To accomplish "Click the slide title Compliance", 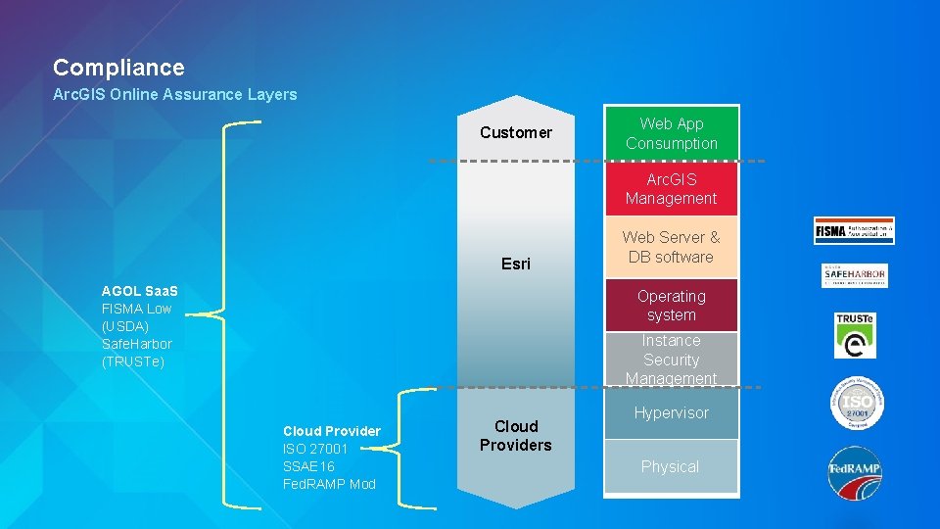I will tap(118, 68).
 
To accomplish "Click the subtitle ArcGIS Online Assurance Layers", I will tap(174, 95).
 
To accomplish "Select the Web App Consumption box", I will tap(671, 133).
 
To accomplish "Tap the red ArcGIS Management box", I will tap(671, 189).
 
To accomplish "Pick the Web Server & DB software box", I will tap(671, 247).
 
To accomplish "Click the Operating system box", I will tap(671, 306).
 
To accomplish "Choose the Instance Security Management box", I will tap(671, 360).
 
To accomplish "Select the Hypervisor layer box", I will tap(671, 413).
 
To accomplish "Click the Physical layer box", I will tap(671, 466).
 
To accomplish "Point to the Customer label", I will tap(516, 132).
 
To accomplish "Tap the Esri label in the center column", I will tap(516, 264).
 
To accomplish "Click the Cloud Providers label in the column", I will tap(516, 436).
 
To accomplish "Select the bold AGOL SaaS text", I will tap(140, 291).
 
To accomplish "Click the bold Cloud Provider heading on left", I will tap(331, 431).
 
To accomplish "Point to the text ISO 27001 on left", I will tap(315, 449).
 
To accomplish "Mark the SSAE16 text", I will tap(308, 466).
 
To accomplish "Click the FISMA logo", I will tap(854, 230).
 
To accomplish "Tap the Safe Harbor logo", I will tap(854, 275).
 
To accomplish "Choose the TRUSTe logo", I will tap(855, 335).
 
